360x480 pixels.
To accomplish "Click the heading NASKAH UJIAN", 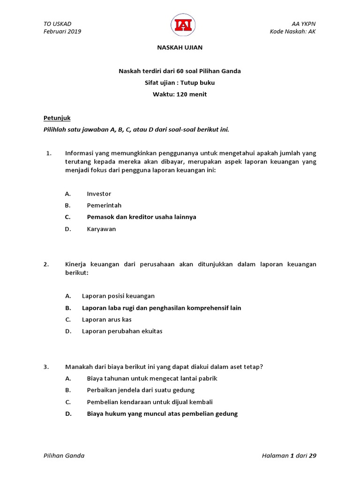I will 180,47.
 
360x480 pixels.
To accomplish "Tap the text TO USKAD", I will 57,24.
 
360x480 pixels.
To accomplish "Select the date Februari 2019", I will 62,31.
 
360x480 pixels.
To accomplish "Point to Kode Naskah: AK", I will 293,31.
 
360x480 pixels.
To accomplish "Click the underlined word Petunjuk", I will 57,118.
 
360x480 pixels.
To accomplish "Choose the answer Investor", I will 99,194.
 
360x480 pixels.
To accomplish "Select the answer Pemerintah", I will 104,205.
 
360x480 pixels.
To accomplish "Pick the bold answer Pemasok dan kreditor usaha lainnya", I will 142,217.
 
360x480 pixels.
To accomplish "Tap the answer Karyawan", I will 101,229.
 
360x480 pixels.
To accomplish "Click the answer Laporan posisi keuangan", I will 118,296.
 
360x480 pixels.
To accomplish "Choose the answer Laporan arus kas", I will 107,319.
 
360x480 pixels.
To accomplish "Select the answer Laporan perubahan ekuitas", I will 122,331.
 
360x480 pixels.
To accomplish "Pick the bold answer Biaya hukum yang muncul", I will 162,413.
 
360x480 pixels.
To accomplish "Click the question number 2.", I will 46,264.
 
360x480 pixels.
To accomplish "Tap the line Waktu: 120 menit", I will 180,94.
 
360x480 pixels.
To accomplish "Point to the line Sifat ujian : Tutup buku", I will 180,82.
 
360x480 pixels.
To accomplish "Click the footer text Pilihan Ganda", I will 64,456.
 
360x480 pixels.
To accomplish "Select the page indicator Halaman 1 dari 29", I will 289,456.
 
